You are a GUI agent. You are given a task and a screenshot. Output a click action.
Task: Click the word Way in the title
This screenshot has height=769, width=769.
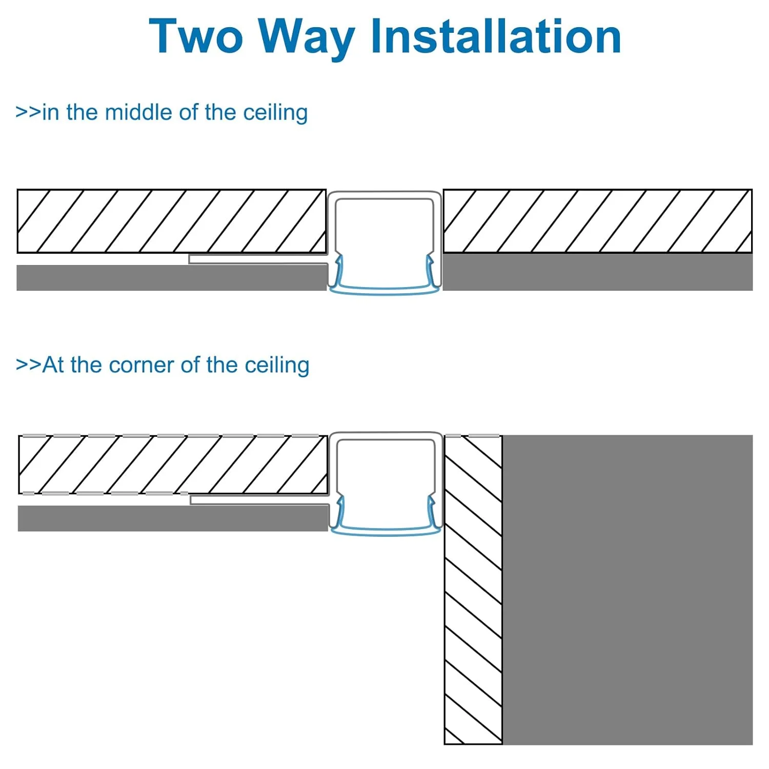[x=306, y=39]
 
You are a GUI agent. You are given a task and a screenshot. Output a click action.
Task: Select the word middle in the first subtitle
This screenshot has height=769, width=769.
[x=139, y=112]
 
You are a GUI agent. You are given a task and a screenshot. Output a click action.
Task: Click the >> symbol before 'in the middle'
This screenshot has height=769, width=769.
[x=28, y=112]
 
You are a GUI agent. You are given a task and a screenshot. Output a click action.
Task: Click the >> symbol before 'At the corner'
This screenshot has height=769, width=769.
[x=29, y=365]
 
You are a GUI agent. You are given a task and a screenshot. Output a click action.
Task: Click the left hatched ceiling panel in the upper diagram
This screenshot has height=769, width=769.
[x=172, y=221]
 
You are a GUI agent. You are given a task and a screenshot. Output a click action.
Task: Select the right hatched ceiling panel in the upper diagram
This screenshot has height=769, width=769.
[x=597, y=221]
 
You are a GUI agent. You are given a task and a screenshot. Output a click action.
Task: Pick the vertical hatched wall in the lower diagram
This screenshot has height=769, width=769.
[x=473, y=590]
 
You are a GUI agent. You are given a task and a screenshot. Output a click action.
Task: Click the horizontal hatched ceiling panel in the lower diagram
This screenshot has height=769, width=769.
[x=173, y=464]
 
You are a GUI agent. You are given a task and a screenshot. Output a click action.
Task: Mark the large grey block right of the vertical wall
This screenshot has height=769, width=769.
[x=628, y=590]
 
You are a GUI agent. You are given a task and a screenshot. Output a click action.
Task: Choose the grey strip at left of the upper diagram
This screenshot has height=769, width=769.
[x=172, y=278]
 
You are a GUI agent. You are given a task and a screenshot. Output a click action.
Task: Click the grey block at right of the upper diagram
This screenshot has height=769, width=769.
[x=597, y=272]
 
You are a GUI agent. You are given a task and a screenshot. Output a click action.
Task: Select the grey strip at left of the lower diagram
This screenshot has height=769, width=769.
[x=173, y=518]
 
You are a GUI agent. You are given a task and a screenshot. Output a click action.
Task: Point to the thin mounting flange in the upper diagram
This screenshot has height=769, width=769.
[x=258, y=259]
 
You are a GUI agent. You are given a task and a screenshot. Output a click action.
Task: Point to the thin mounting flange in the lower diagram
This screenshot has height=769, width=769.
[x=259, y=500]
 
